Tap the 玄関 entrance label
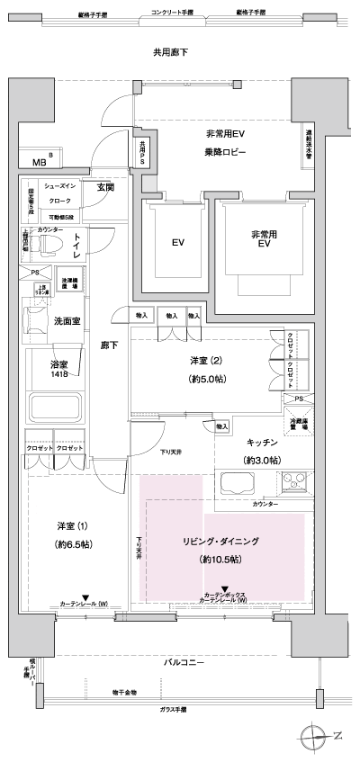click(105, 187)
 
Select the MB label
click(40, 163)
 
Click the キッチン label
click(263, 443)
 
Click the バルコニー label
click(187, 662)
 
